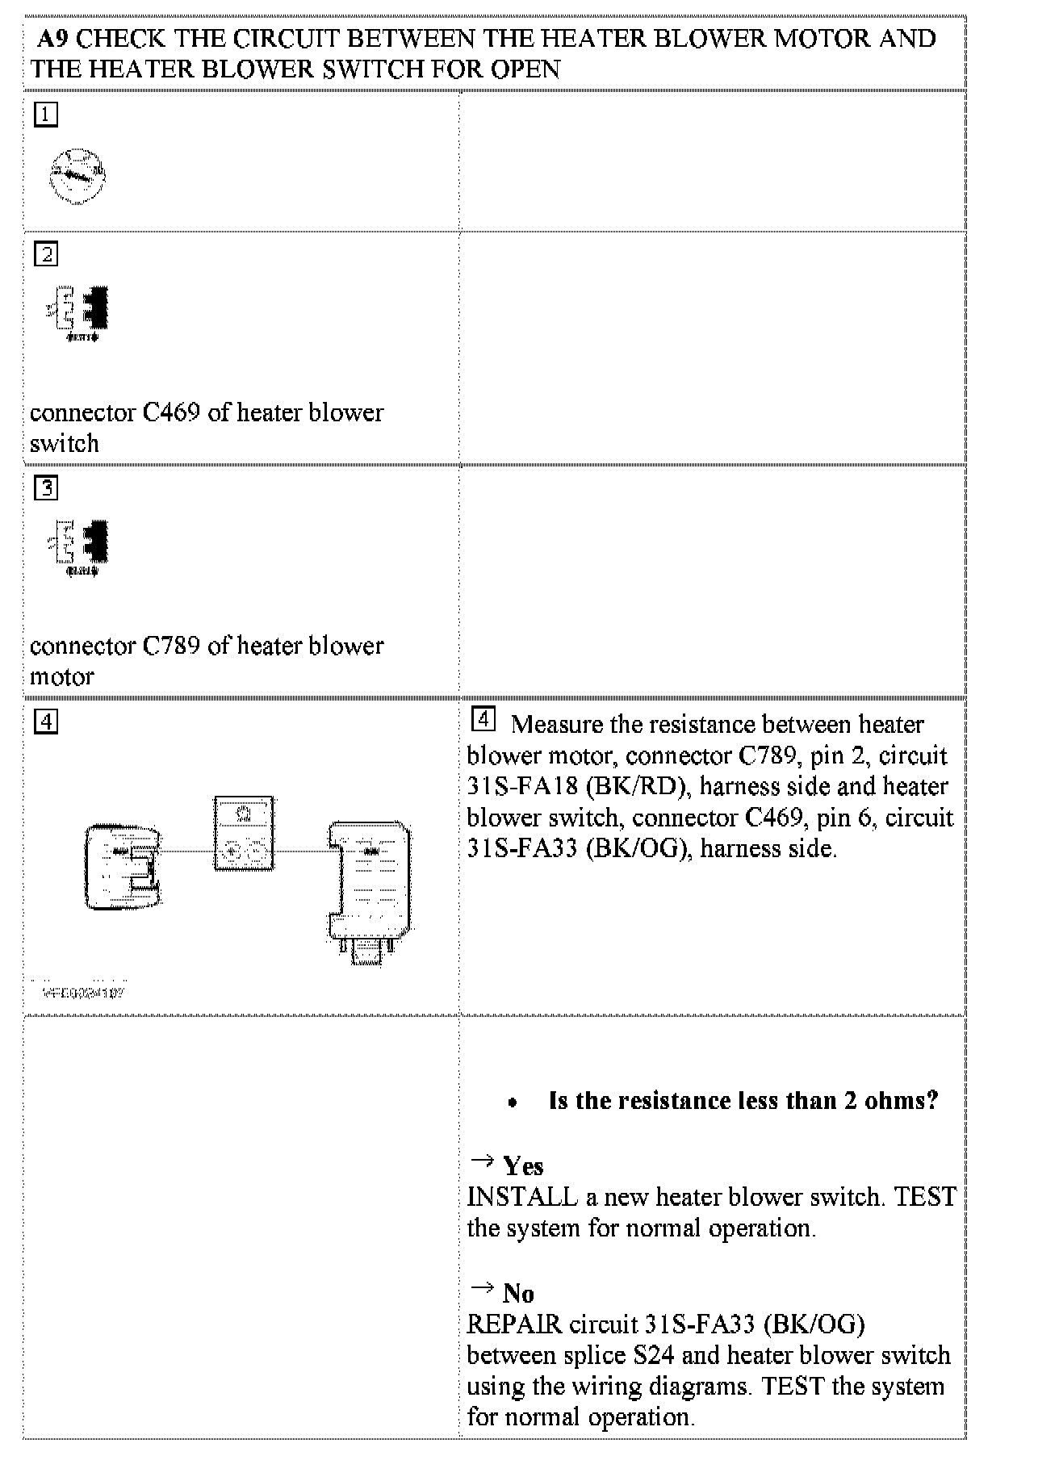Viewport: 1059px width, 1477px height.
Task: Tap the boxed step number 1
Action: (46, 115)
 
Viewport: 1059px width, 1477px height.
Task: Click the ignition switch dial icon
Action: (77, 175)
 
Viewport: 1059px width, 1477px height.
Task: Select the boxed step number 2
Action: (46, 255)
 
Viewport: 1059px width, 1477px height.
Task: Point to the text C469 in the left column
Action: (171, 412)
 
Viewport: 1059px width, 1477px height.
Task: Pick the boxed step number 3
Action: (46, 488)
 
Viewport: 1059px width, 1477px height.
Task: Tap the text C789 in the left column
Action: (171, 646)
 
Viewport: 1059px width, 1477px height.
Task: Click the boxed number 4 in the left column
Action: (46, 722)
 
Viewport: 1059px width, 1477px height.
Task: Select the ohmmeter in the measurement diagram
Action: (244, 834)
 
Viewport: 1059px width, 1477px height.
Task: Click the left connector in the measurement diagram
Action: (123, 867)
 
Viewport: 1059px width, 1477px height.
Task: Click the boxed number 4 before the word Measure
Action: (482, 718)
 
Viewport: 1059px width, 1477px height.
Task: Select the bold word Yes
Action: (523, 1166)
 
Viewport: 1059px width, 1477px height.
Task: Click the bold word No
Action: (518, 1294)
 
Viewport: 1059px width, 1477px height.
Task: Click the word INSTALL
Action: (522, 1197)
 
